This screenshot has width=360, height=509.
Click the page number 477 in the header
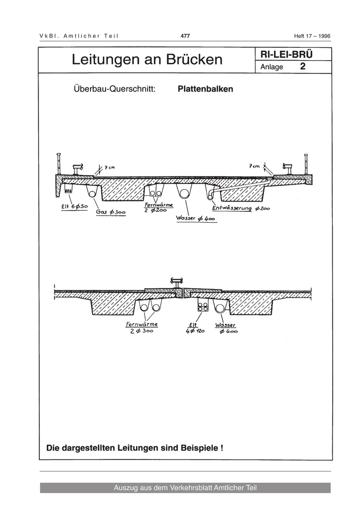[x=186, y=35]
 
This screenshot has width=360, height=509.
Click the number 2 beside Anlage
[x=303, y=66]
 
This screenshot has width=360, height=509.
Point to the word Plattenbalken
[x=205, y=89]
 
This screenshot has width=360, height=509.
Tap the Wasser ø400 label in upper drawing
[x=195, y=219]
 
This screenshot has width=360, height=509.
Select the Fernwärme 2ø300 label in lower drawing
[x=141, y=328]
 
